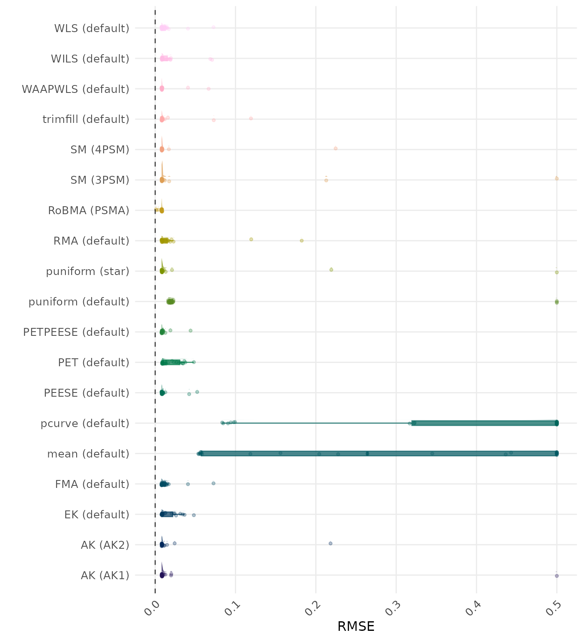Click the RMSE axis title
point(356,626)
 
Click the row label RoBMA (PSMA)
point(88,210)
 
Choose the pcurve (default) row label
point(85,423)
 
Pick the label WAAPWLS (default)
point(75,89)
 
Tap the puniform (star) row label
point(87,271)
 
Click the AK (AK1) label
point(105,575)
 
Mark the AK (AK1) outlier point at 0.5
point(557,576)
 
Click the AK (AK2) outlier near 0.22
point(331,543)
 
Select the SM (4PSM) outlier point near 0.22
point(336,148)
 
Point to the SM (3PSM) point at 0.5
point(557,178)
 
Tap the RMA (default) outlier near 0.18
point(302,240)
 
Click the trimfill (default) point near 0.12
point(251,118)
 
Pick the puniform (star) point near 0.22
point(331,270)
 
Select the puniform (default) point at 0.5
point(557,302)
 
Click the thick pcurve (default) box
point(483,423)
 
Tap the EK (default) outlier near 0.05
point(194,515)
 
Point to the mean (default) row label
point(88,454)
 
